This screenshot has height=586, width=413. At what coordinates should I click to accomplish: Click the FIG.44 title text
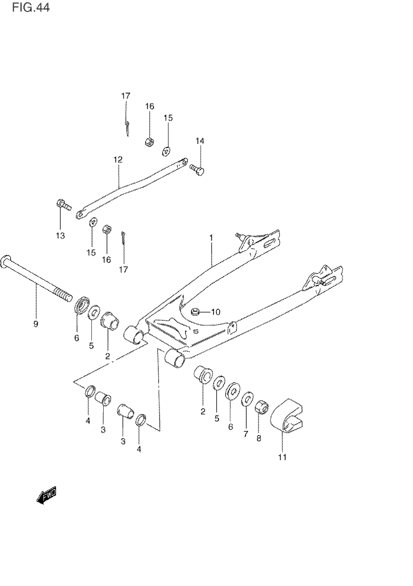31,8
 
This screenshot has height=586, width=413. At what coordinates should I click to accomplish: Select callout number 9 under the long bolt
35,324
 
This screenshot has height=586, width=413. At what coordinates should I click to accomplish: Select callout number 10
216,312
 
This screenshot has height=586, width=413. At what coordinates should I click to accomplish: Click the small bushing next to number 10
196,312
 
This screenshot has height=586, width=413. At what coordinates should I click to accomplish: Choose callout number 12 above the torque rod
118,160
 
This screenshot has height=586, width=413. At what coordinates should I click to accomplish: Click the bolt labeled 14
197,169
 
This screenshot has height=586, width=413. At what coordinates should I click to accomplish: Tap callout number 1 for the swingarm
211,238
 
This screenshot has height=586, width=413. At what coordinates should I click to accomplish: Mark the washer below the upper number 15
167,152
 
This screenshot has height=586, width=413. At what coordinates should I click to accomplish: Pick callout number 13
60,235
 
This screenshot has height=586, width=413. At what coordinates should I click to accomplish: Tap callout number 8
259,438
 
